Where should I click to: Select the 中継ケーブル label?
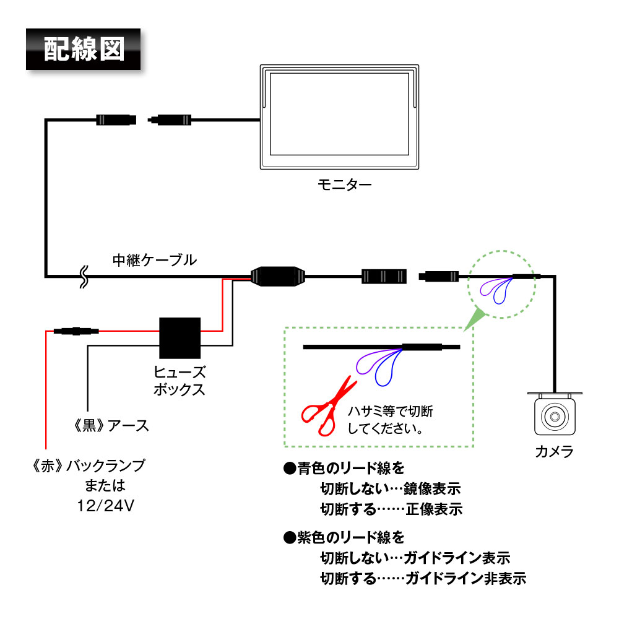(154, 259)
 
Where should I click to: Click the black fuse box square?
(180, 338)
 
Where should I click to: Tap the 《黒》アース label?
(111, 426)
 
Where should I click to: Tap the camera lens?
(554, 417)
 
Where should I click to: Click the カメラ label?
(554, 451)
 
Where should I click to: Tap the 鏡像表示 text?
(433, 489)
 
